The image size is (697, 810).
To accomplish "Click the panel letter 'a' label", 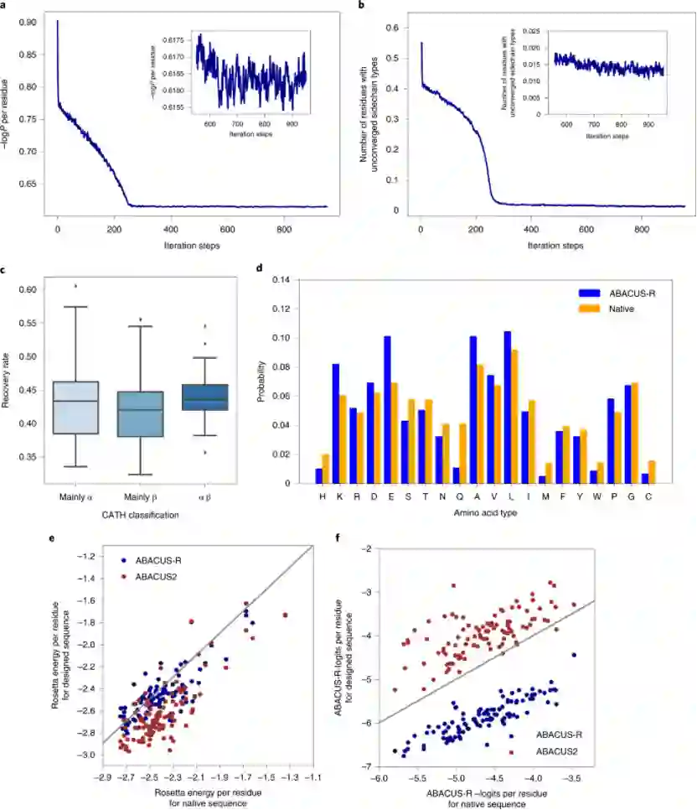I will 5,5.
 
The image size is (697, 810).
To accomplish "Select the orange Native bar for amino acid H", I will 326,469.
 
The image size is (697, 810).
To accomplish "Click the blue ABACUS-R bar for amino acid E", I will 387,410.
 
